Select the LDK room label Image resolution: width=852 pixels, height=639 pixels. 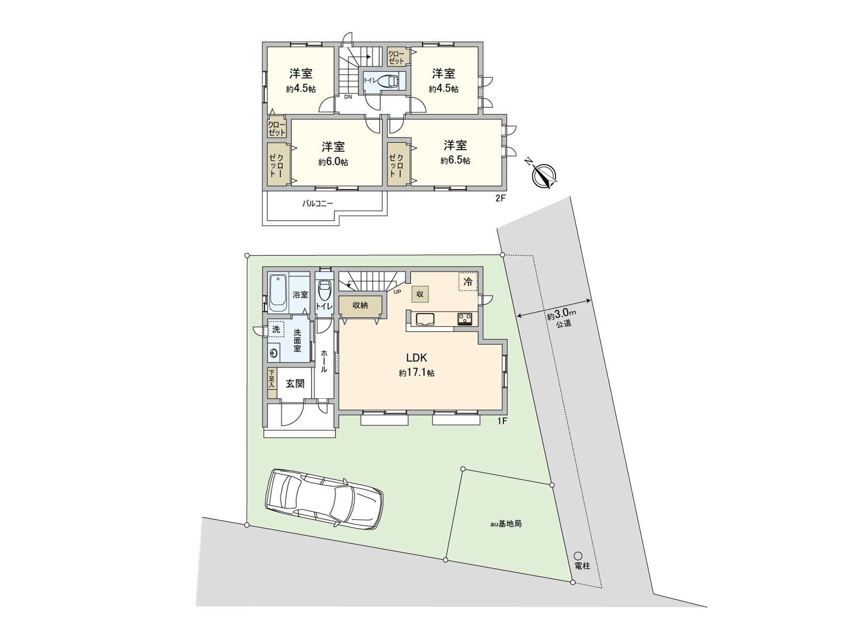click(417, 358)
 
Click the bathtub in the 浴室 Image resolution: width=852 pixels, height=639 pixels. click(277, 293)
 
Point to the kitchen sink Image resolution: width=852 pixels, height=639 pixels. click(425, 319)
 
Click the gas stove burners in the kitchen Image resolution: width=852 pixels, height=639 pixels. click(464, 319)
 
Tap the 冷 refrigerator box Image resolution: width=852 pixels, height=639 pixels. click(468, 283)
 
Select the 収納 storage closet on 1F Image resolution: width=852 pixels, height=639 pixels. click(361, 306)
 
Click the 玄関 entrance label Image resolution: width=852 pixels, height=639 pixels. click(295, 383)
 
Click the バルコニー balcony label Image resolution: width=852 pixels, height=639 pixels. click(317, 203)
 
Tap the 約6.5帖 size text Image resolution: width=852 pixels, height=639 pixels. click(455, 160)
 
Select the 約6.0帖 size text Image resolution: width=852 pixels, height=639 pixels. click(333, 162)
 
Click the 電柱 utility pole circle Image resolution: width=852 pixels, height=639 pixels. click(578, 555)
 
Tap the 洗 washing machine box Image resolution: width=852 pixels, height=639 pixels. click(276, 330)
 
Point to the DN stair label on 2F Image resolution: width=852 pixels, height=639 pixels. click(348, 97)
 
